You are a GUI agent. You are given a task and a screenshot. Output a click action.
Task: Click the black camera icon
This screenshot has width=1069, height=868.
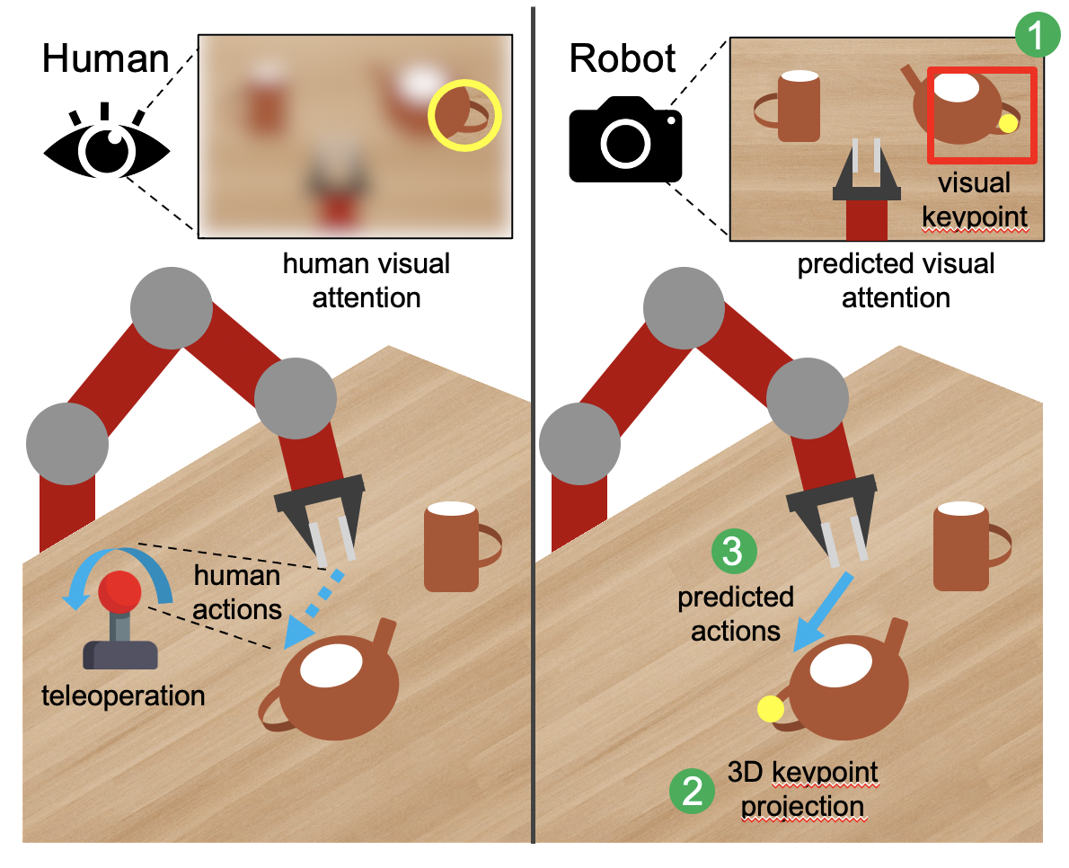625,140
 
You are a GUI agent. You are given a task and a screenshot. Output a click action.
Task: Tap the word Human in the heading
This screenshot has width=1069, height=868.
105,58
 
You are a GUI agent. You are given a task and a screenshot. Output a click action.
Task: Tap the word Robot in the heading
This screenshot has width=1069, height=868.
622,58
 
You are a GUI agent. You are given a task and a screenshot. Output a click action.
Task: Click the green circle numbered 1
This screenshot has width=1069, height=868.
1037,35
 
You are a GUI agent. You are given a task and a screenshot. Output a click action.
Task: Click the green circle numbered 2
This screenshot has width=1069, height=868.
692,791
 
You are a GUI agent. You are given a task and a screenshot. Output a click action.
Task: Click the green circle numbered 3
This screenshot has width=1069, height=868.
734,551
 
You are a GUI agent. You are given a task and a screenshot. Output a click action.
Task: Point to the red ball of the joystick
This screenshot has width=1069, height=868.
119,591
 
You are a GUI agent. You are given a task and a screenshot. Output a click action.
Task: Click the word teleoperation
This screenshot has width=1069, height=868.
123,696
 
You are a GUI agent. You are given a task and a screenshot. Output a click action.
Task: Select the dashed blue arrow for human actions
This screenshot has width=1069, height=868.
313,610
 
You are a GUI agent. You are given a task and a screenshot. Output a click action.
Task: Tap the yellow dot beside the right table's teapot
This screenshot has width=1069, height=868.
771,708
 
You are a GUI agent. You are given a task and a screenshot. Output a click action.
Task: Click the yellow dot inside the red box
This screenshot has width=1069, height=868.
1008,123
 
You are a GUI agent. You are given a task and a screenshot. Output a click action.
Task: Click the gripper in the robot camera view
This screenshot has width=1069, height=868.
866,171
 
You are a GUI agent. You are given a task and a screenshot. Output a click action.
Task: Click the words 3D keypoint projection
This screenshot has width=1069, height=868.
803,790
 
